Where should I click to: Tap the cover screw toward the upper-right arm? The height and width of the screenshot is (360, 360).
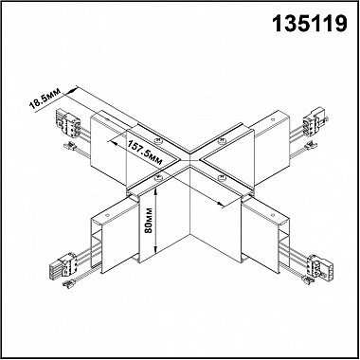(x=222, y=143)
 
